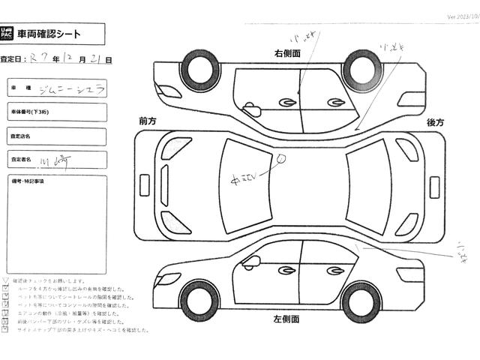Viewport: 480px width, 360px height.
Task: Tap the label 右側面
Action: pos(286,53)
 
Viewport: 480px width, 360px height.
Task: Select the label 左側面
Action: pos(286,320)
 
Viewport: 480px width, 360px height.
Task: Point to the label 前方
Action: pos(148,121)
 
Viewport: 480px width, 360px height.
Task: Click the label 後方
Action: pos(436,122)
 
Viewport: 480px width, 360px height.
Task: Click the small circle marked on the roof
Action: pos(282,158)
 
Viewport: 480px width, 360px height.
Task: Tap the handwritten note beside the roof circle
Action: pos(245,178)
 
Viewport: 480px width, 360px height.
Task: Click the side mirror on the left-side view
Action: pos(251,262)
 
